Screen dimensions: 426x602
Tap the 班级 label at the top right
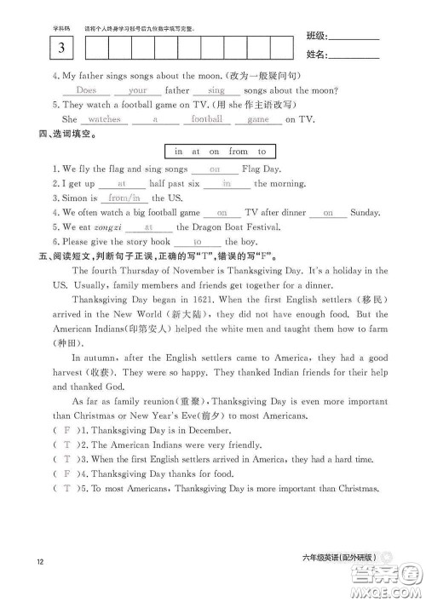coord(314,37)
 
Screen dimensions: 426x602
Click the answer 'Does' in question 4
coord(87,89)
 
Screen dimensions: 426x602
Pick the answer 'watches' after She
coord(105,119)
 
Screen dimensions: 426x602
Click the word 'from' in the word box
coord(239,152)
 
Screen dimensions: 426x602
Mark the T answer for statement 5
coord(66,488)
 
